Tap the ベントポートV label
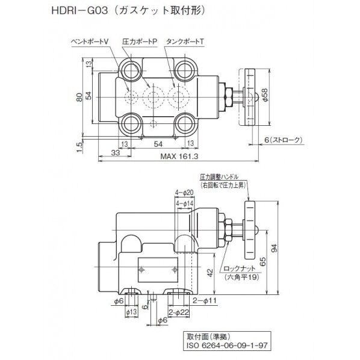(x=90, y=41)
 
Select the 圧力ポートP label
(x=139, y=41)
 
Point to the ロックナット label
(x=237, y=270)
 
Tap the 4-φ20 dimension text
(x=184, y=192)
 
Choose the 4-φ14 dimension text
(x=184, y=204)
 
